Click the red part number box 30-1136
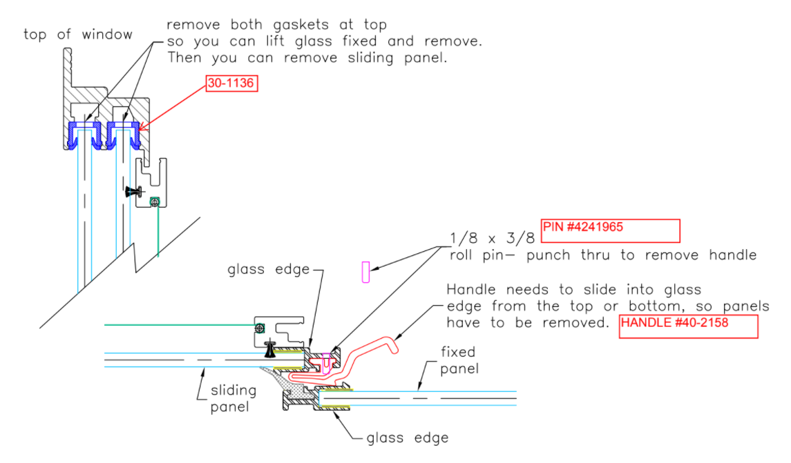(231, 83)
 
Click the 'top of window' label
(77, 35)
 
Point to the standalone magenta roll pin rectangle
(365, 272)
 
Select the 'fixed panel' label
(459, 360)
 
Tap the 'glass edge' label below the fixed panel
(407, 437)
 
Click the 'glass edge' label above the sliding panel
(268, 270)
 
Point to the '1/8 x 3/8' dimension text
(492, 238)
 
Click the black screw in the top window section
(135, 191)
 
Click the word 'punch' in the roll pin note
(549, 255)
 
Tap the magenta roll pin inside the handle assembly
(326, 363)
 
